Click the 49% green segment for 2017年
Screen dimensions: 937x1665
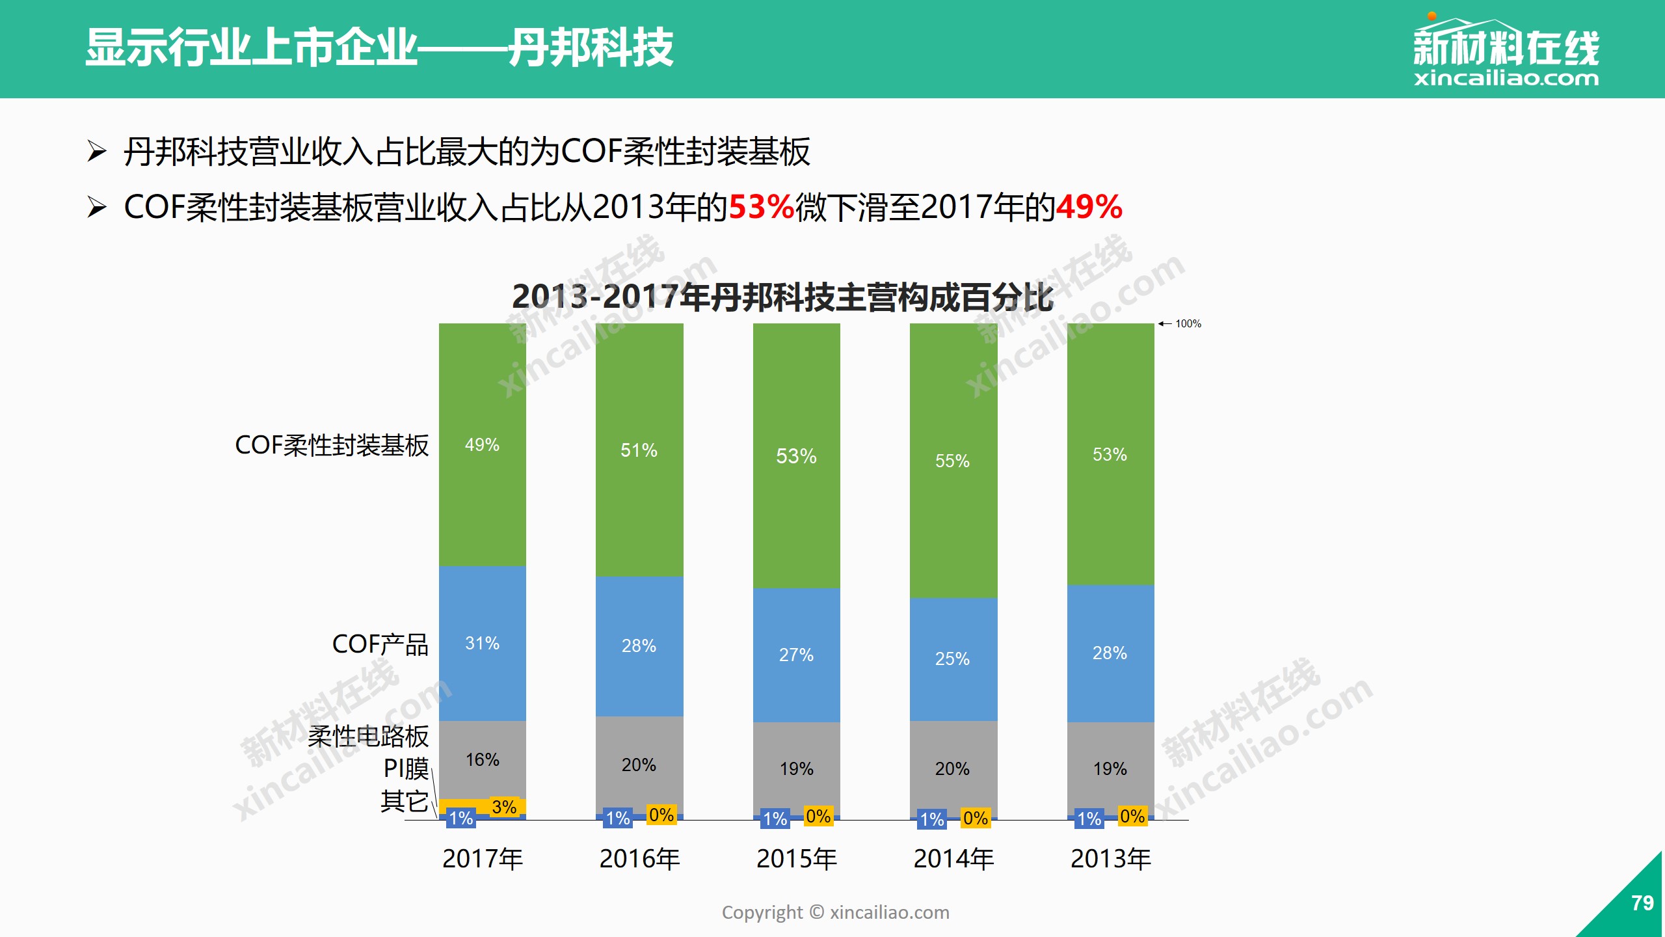coord(482,444)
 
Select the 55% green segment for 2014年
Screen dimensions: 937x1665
coord(953,461)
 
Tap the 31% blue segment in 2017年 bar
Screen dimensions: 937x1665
coord(482,643)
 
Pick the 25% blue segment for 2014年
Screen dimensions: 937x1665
coord(953,659)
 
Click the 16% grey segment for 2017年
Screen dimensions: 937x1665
coord(482,759)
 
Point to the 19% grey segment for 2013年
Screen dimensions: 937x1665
coord(1110,768)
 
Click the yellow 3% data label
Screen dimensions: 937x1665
coord(504,807)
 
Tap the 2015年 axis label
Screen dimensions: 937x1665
coord(797,859)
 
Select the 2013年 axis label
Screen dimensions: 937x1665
coord(1110,859)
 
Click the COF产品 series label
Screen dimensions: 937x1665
coord(380,644)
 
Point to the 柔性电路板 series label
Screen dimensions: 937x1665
coord(368,737)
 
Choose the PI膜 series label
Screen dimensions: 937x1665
coord(406,768)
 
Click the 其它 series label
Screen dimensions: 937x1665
coord(404,801)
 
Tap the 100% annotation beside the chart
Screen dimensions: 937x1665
coord(1188,323)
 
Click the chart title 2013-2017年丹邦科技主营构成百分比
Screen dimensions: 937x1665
coord(782,297)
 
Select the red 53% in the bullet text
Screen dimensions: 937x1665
coord(762,208)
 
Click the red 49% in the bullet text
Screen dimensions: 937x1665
coord(1089,208)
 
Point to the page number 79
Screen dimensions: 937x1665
coord(1642,903)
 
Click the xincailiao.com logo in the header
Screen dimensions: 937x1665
coord(1506,52)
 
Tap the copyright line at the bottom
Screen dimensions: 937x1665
coord(835,912)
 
